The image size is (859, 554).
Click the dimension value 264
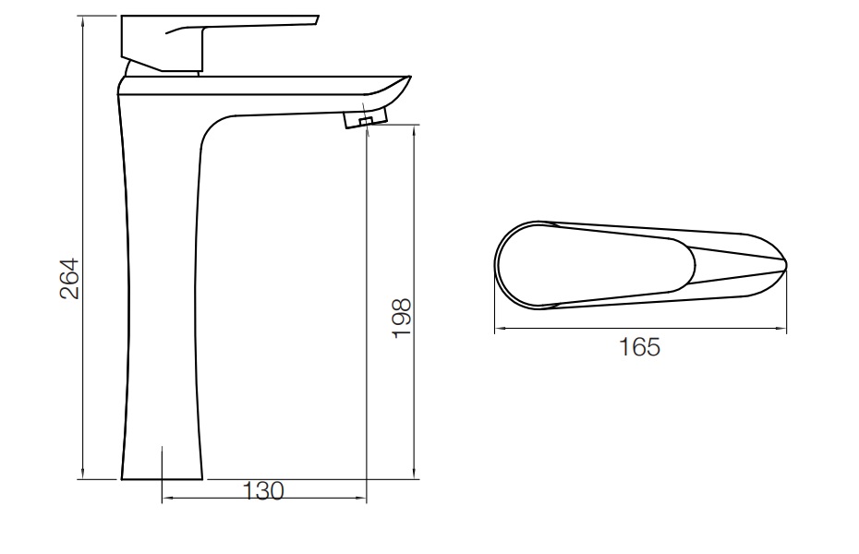(x=69, y=278)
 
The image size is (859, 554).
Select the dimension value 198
(x=401, y=317)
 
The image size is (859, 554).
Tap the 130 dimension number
(x=263, y=492)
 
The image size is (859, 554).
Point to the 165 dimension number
(x=639, y=348)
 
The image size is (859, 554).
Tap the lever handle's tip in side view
(x=314, y=19)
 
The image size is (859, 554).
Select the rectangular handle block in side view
(x=162, y=43)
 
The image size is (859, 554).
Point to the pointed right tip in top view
(x=785, y=266)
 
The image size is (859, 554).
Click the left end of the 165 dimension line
(x=495, y=328)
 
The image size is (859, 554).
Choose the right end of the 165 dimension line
(x=787, y=328)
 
